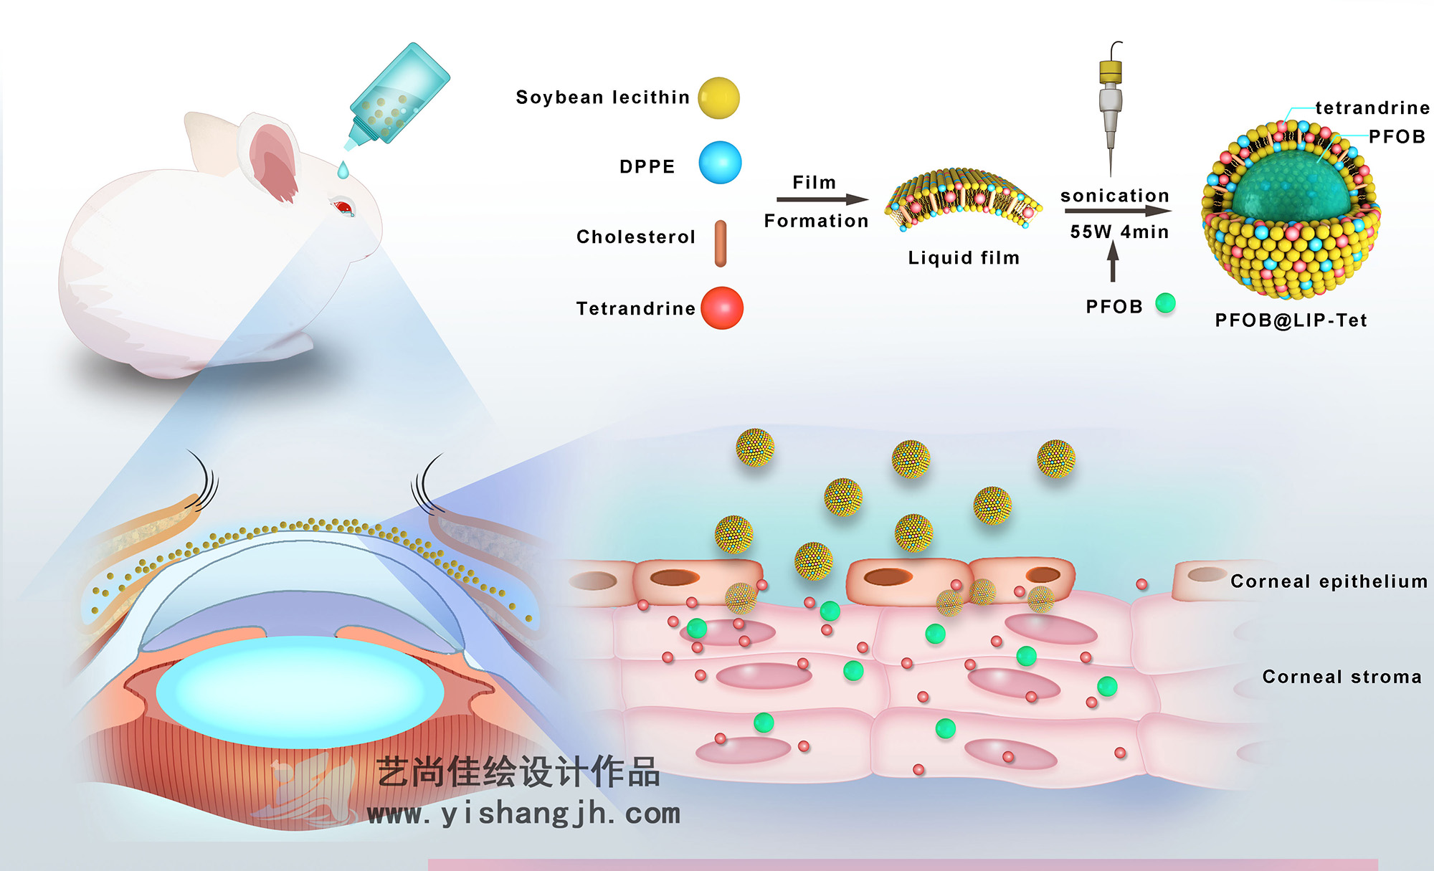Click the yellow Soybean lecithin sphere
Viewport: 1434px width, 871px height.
(x=718, y=98)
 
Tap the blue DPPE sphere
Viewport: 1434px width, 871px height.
(x=720, y=163)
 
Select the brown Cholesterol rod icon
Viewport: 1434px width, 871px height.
(x=721, y=244)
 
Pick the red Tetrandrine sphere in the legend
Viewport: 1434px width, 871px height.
(x=721, y=308)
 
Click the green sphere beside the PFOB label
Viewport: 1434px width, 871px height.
(x=1166, y=303)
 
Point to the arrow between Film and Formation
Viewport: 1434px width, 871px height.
(x=822, y=200)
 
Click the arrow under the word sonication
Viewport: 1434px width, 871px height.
(x=1117, y=211)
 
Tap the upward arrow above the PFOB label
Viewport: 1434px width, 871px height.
(x=1113, y=261)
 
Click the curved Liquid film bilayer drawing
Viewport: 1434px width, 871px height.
(x=963, y=199)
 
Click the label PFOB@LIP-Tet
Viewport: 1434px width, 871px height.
(x=1291, y=320)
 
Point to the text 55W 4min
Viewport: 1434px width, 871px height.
(x=1119, y=232)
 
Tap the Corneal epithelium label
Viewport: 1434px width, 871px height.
(x=1329, y=581)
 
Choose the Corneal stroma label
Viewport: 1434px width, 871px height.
(x=1342, y=677)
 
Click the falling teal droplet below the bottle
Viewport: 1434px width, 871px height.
(x=343, y=171)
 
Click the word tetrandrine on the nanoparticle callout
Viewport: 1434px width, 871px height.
(x=1372, y=108)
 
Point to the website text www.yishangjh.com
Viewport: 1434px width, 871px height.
(x=523, y=814)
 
